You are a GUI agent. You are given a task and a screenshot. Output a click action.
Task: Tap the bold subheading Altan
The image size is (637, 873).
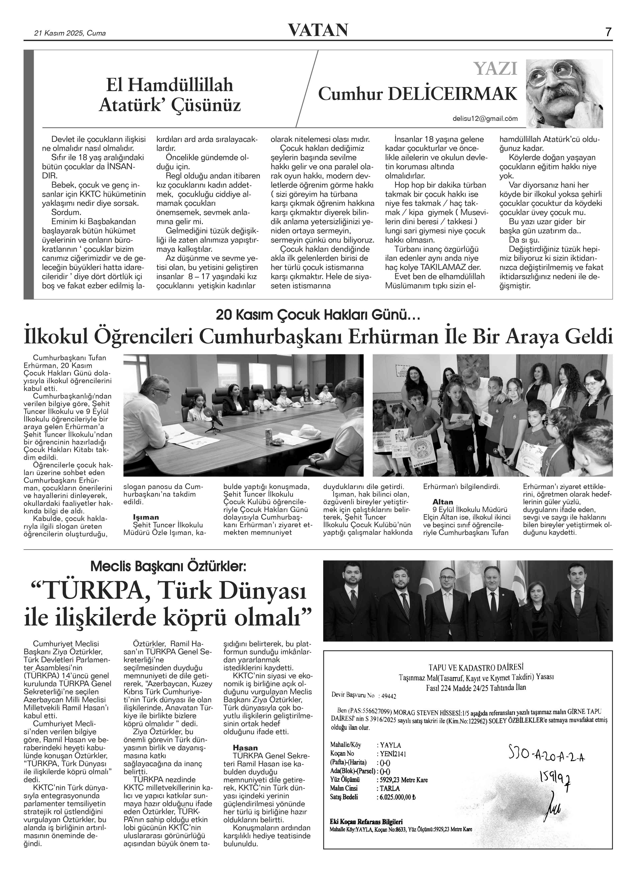click(x=443, y=502)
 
